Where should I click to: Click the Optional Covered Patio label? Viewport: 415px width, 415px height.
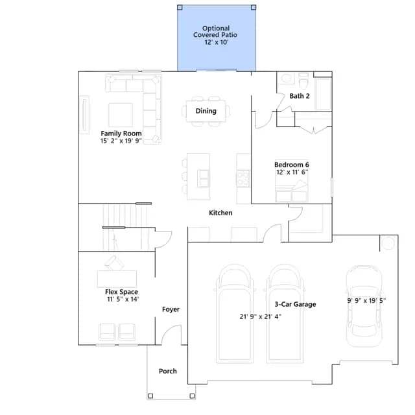[x=215, y=35]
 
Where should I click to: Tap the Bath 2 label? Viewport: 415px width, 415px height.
[x=300, y=96]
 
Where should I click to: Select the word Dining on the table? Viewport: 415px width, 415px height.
[x=206, y=111]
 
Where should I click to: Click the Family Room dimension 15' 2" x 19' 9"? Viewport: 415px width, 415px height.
[x=121, y=141]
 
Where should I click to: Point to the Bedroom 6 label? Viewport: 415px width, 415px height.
[x=292, y=165]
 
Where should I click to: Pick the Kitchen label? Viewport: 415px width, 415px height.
[x=220, y=213]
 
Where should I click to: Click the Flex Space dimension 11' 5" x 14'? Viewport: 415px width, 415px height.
[x=123, y=300]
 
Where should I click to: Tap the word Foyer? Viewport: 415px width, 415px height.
[x=171, y=309]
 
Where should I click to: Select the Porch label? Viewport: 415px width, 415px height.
[x=168, y=371]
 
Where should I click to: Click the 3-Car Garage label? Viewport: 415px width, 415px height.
[x=295, y=304]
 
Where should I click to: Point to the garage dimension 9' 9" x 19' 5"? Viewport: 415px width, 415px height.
[x=366, y=301]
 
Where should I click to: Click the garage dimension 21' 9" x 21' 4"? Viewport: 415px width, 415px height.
[x=261, y=316]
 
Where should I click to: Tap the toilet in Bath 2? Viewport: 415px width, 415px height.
[x=303, y=80]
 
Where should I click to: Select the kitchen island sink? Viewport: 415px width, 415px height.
[x=204, y=178]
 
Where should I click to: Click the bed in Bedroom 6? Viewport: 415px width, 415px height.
[x=292, y=185]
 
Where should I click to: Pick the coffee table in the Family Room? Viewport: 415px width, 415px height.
[x=121, y=115]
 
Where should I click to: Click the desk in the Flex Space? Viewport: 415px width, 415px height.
[x=117, y=279]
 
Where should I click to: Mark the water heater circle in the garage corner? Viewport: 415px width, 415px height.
[x=388, y=243]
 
